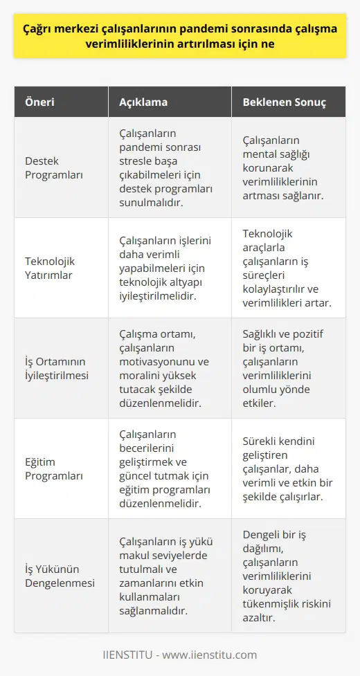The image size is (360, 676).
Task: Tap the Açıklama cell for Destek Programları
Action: tap(166, 167)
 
